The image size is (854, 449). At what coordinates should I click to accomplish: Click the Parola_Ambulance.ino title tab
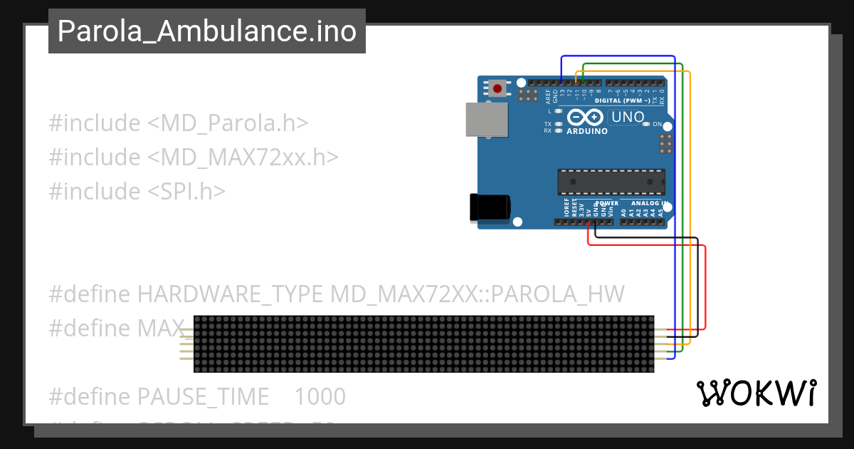click(206, 31)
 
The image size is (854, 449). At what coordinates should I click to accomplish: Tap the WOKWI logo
click(757, 393)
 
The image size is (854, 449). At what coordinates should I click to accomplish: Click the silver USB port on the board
click(487, 119)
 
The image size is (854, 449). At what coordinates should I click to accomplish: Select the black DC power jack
click(490, 207)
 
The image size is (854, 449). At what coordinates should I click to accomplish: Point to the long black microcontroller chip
click(611, 182)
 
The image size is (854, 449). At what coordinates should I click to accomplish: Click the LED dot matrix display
click(423, 344)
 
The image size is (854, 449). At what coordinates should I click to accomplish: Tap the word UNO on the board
click(628, 117)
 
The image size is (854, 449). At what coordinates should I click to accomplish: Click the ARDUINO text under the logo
click(587, 131)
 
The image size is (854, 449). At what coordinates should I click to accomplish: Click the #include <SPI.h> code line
click(137, 191)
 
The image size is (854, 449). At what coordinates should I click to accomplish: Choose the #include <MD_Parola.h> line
click(179, 123)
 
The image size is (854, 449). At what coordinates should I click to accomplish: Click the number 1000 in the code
click(320, 396)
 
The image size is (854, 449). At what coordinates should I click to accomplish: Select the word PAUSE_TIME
click(203, 396)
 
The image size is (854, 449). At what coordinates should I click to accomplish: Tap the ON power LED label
click(658, 124)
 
